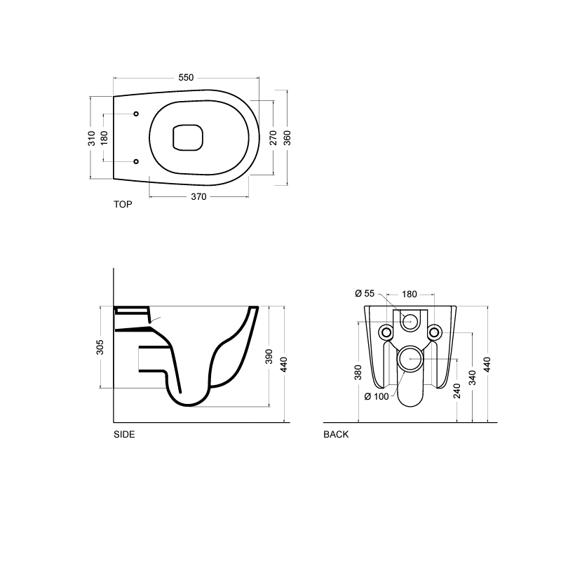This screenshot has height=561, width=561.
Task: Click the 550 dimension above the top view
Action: point(185,78)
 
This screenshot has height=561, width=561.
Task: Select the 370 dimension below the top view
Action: point(198,197)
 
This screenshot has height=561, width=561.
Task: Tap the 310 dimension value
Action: point(92,138)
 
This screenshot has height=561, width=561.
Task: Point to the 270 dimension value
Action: point(273,137)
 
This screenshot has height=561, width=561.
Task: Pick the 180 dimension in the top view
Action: point(104,138)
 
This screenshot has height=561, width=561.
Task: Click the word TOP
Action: point(123,205)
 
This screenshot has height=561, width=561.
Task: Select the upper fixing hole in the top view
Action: point(136,114)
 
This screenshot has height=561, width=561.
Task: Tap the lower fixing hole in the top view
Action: point(136,162)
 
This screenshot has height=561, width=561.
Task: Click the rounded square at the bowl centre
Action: point(187,137)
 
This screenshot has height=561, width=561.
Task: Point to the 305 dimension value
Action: point(100,347)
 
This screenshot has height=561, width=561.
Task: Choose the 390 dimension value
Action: point(269,356)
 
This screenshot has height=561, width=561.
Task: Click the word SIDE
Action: point(124,434)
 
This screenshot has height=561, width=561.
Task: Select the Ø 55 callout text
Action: point(365,293)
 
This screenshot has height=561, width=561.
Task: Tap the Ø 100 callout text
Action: point(377,397)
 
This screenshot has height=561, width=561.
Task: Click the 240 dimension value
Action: point(457,391)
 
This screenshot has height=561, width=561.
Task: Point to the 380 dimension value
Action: point(358,372)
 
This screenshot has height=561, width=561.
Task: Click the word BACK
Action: point(336,434)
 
